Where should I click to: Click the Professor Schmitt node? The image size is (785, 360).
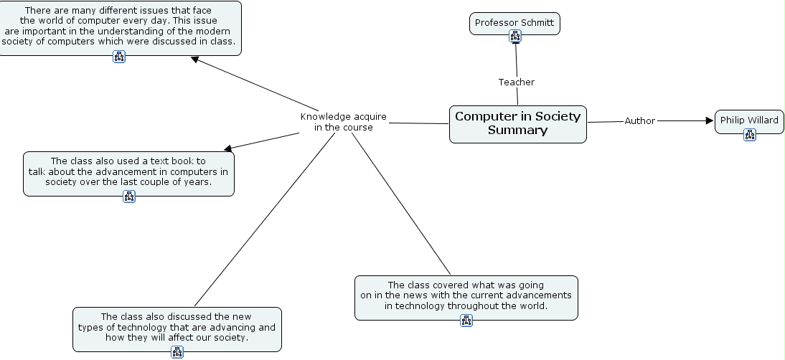point(514,23)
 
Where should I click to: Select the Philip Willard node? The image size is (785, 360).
point(749,120)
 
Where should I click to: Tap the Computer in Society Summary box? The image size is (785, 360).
point(517,123)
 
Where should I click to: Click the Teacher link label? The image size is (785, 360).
point(517,82)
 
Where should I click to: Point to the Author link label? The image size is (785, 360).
point(639,121)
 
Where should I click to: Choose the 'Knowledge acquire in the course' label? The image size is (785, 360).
point(344,122)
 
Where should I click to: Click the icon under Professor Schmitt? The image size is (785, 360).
point(514,37)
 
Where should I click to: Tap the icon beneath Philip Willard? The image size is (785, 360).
point(750,134)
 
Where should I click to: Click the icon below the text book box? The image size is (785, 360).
point(129,196)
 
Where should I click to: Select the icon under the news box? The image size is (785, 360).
point(466,321)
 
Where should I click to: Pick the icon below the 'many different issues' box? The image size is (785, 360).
point(119,57)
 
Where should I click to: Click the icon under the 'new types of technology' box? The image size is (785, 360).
point(177,351)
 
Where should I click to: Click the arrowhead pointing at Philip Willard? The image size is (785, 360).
point(710,121)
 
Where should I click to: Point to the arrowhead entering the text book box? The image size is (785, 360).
point(229,148)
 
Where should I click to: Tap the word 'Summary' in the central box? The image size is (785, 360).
point(517,131)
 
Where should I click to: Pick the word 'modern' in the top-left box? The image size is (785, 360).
point(215,31)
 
